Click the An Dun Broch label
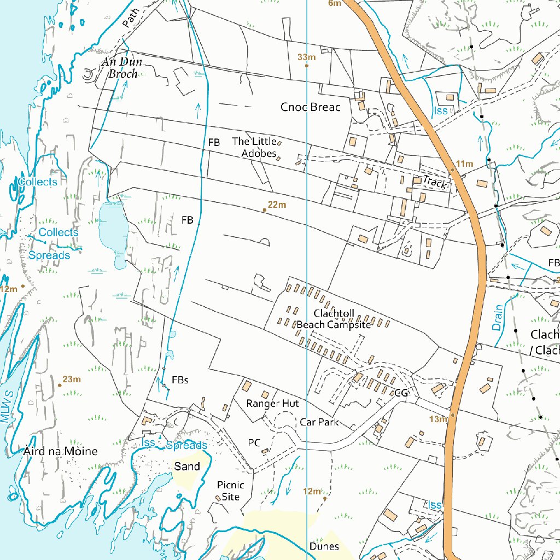[122, 68]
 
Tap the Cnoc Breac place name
[310, 107]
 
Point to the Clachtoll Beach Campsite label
[334, 319]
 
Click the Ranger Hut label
[272, 404]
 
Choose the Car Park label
[319, 422]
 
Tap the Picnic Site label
[230, 491]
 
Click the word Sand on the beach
[186, 466]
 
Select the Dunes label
[324, 546]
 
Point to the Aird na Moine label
[61, 451]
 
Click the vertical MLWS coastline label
[7, 408]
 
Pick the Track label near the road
[435, 183]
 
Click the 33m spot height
[307, 57]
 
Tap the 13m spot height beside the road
[438, 419]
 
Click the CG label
[401, 393]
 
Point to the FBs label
[180, 380]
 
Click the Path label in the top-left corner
[131, 17]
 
